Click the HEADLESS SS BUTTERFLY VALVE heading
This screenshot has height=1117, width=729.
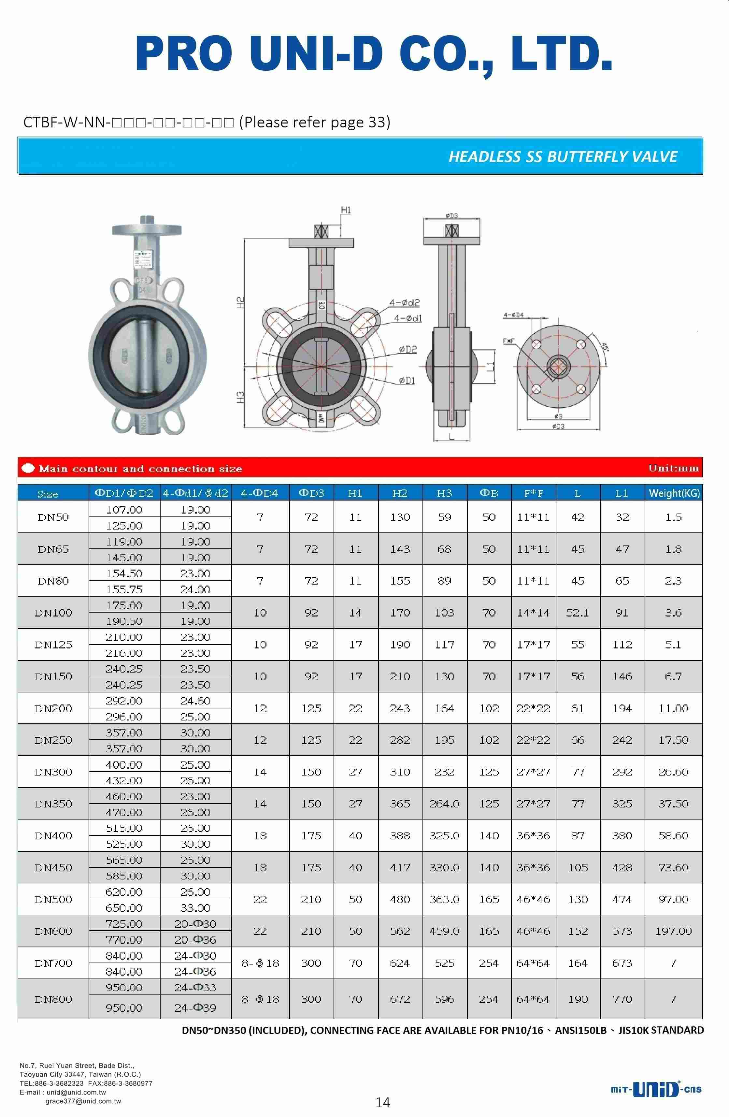point(563,156)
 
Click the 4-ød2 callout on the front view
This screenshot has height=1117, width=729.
point(404,303)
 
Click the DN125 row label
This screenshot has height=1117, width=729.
point(53,645)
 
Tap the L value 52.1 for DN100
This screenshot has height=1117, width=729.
point(578,613)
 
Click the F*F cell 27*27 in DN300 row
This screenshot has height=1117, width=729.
point(533,772)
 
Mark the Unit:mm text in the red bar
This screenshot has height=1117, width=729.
point(673,468)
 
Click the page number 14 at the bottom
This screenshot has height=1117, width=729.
point(382,1102)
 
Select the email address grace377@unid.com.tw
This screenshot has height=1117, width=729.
point(83,1101)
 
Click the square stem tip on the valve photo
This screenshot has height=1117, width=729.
point(147,220)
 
